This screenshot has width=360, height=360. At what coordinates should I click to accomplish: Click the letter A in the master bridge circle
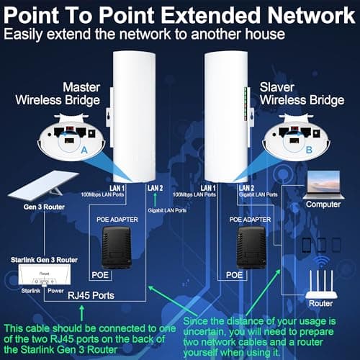click(x=85, y=150)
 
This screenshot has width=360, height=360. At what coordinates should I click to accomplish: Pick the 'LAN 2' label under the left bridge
click(x=156, y=188)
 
